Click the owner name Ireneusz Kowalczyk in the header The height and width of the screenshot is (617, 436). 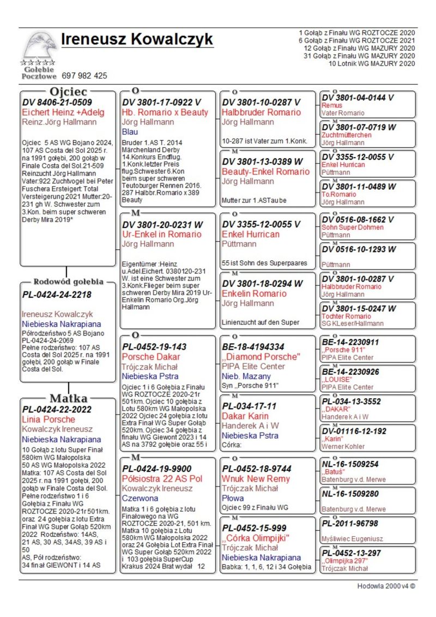click(x=137, y=40)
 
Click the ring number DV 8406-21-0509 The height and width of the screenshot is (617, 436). click(x=57, y=102)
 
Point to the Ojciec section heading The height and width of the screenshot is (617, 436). click(x=68, y=92)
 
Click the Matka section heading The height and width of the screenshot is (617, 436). click(x=68, y=398)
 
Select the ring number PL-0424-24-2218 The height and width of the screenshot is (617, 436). click(x=57, y=295)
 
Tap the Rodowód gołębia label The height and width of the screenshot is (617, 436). click(x=68, y=282)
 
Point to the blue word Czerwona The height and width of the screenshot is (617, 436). click(x=140, y=498)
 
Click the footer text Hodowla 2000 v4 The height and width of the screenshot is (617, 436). click(x=386, y=586)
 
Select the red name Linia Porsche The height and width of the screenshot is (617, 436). click(x=49, y=420)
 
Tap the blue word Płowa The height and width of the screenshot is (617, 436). click(x=233, y=498)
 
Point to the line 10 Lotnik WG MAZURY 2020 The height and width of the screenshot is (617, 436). click(x=372, y=63)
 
